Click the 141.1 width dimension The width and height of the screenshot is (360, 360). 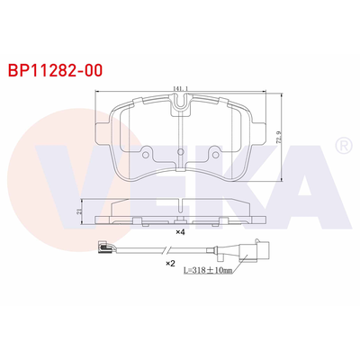tap(179, 88)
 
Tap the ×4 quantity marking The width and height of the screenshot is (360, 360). tap(181, 232)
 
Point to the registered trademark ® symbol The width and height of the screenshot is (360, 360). tap(343, 145)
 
